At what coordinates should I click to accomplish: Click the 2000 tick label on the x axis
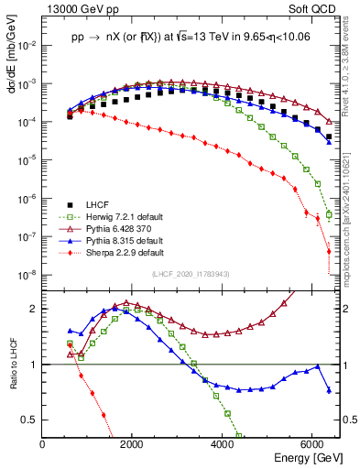click(x=132, y=444)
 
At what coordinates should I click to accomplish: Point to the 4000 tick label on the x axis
click(x=223, y=444)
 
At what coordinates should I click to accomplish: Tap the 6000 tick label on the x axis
click(x=312, y=444)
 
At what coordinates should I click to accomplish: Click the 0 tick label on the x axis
click(x=42, y=444)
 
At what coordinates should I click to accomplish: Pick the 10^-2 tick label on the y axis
click(x=27, y=45)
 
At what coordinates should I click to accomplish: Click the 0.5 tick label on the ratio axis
click(x=30, y=420)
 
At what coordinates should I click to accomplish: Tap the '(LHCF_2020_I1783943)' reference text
click(x=191, y=275)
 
